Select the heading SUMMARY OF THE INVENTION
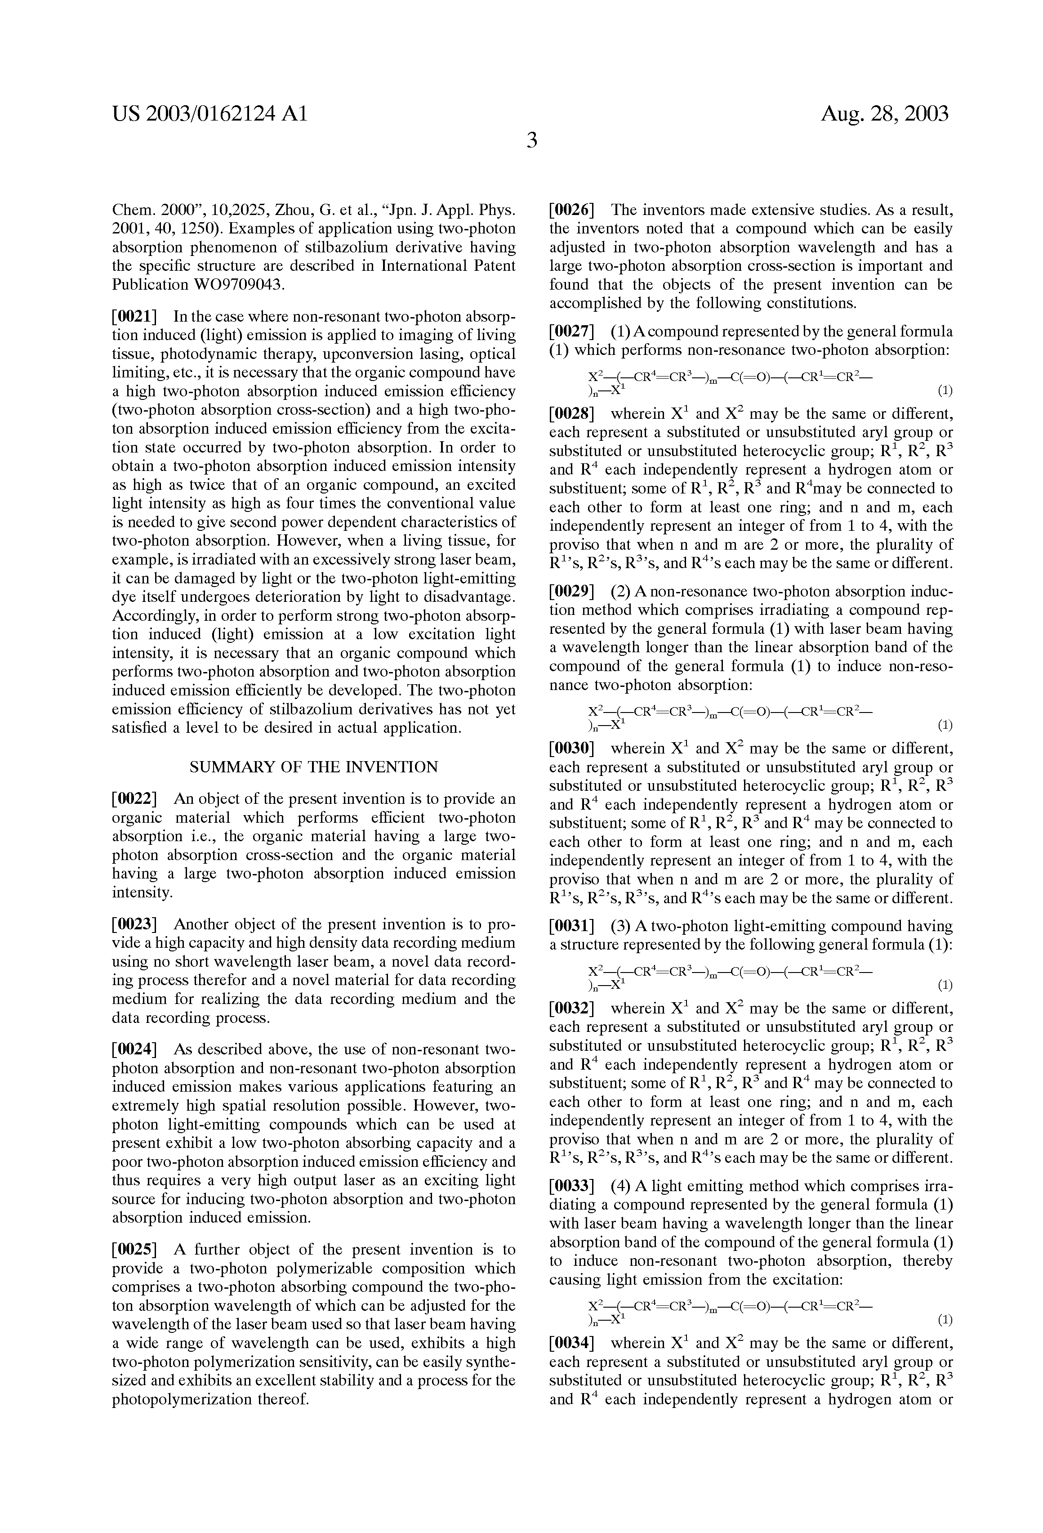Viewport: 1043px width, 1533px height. coord(314,767)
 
